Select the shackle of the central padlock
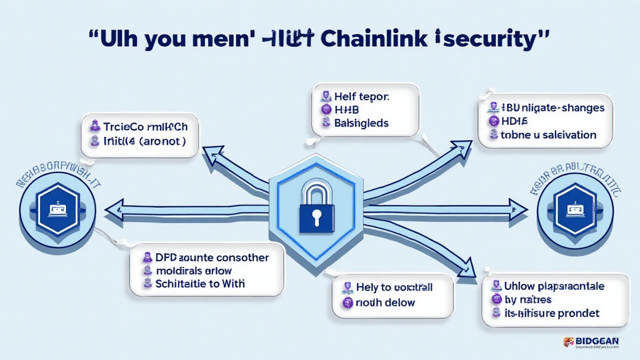click(x=317, y=189)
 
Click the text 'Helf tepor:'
click(x=362, y=97)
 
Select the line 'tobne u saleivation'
click(x=547, y=134)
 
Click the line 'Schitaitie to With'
click(x=201, y=284)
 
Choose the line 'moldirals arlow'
click(x=194, y=271)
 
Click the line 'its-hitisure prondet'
click(x=551, y=312)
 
